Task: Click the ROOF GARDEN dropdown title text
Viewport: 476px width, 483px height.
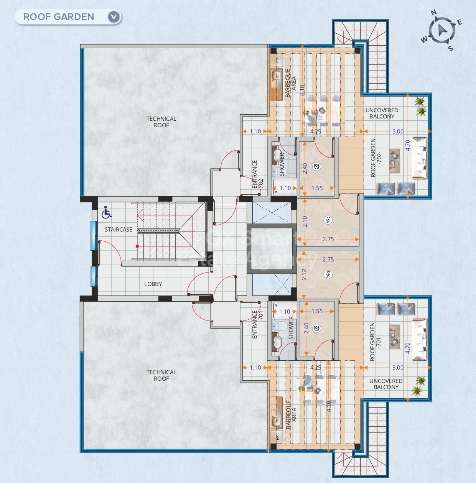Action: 59,17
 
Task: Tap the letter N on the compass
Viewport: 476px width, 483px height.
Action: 434,13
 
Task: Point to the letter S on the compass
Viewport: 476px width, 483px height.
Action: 451,48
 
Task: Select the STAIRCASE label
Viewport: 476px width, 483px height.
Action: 119,229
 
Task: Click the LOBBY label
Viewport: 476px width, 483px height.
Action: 153,284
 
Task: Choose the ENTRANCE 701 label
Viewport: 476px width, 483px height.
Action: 258,324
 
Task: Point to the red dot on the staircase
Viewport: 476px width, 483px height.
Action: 137,246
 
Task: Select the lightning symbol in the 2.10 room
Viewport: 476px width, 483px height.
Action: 328,220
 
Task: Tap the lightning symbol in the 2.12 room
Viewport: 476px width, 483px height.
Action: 328,274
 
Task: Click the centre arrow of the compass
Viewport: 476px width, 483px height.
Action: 442,30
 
